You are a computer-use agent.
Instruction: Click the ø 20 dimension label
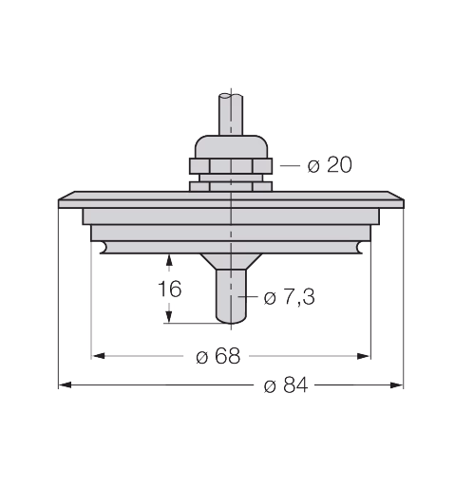[330, 165]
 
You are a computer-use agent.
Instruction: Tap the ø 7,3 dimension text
[289, 297]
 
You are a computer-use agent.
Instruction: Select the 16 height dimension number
[170, 289]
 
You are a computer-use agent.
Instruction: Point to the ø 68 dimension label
[218, 356]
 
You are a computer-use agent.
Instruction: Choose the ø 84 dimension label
[286, 385]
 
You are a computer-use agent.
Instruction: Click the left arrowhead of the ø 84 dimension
[65, 385]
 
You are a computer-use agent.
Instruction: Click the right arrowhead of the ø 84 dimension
[397, 385]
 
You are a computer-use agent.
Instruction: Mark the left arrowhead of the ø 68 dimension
[98, 356]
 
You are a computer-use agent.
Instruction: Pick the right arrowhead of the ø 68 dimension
[364, 356]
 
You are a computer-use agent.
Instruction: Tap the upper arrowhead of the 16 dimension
[169, 260]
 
